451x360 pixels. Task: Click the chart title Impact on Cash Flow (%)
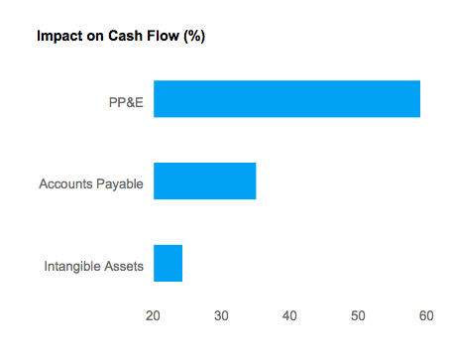click(120, 37)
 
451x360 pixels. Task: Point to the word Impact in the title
click(57, 37)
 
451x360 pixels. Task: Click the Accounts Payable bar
click(204, 181)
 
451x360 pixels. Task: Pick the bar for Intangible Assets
click(168, 263)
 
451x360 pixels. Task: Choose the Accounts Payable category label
click(91, 183)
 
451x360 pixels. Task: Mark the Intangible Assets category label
click(94, 266)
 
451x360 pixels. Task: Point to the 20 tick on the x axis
click(154, 315)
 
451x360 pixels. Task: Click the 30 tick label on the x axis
click(222, 315)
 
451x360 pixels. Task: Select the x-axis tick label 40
click(289, 315)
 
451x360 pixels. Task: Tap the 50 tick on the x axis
click(358, 315)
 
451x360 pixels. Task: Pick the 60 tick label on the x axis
click(426, 315)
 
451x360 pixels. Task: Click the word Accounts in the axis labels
click(65, 183)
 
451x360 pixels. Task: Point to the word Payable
click(120, 183)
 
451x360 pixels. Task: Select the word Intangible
click(73, 266)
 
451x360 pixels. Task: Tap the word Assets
click(125, 266)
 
